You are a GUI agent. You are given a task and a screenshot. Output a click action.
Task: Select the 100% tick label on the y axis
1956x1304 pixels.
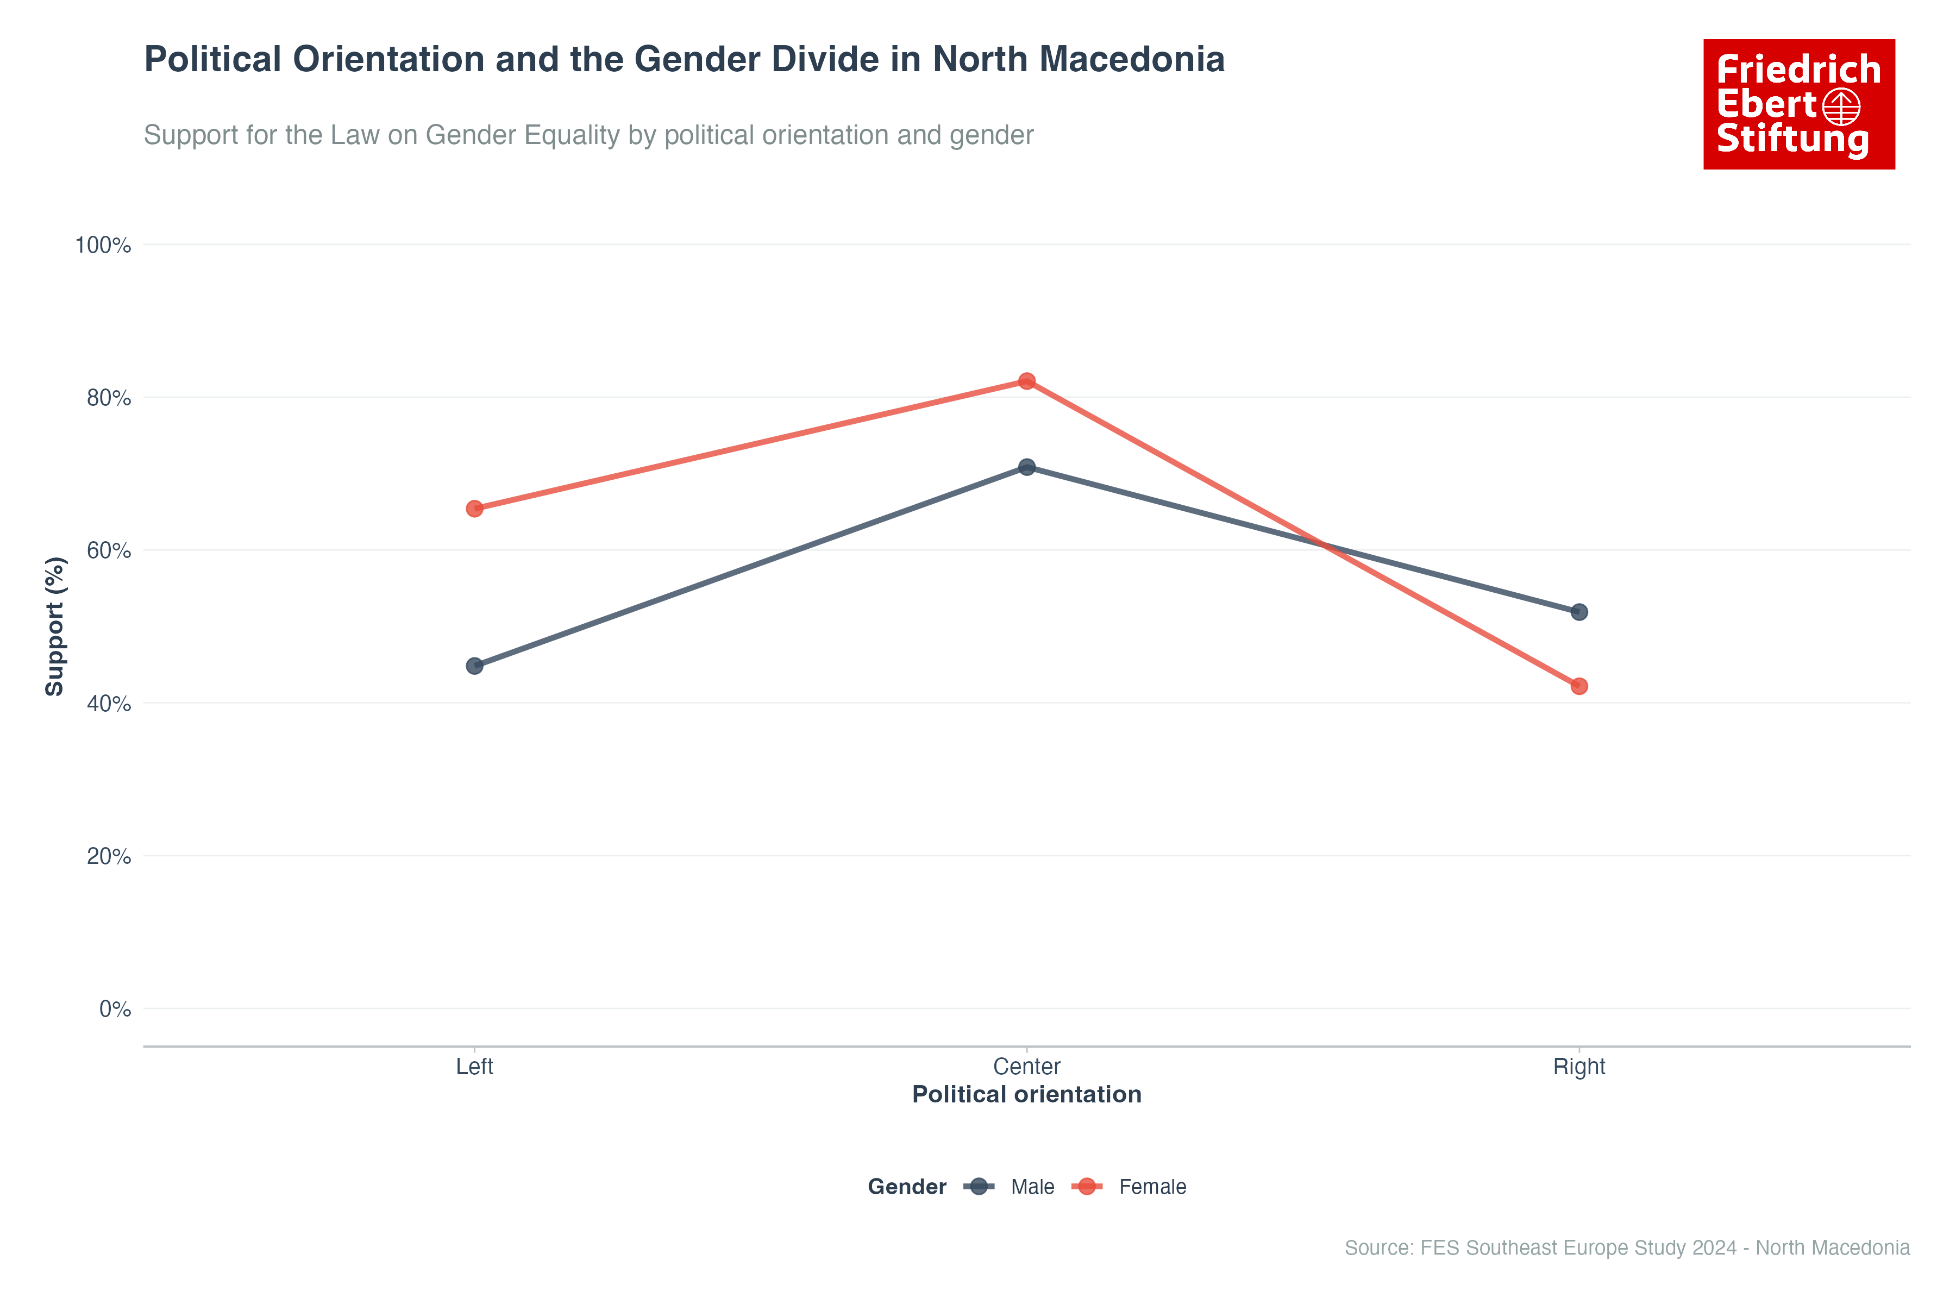[103, 246]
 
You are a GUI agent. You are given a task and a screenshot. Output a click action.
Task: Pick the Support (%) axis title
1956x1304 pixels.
[55, 626]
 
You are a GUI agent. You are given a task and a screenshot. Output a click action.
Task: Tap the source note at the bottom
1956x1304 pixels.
[1627, 1247]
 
